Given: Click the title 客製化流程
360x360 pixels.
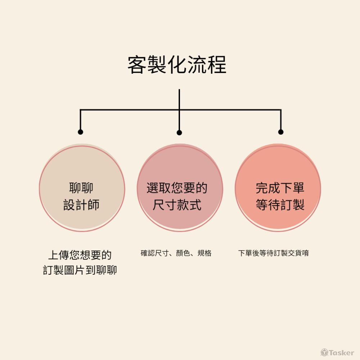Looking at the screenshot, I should click(177, 65).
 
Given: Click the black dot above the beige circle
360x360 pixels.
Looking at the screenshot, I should click(80, 132).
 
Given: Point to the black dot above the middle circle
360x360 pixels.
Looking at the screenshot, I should click(179, 133).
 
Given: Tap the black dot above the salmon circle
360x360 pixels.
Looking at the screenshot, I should click(281, 132).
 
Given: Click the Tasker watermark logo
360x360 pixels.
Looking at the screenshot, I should click(337, 352).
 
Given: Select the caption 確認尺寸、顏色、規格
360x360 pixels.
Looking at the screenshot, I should click(176, 253).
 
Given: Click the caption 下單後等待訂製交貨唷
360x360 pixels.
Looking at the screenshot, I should click(273, 253).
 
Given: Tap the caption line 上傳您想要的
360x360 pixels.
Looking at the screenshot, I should click(80, 255).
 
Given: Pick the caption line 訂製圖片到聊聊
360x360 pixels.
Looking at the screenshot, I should click(80, 270).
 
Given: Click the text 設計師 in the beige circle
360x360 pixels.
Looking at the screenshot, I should click(81, 205).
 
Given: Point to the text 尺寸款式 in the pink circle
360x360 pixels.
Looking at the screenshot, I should click(177, 205).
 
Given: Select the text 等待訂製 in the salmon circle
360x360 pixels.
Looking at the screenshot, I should click(280, 205).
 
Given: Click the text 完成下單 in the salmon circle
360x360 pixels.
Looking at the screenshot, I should click(280, 188).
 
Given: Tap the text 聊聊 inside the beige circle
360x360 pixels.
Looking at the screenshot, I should click(81, 188).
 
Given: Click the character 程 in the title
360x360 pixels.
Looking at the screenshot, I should click(217, 65).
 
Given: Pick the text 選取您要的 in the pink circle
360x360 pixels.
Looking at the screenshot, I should click(177, 188).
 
